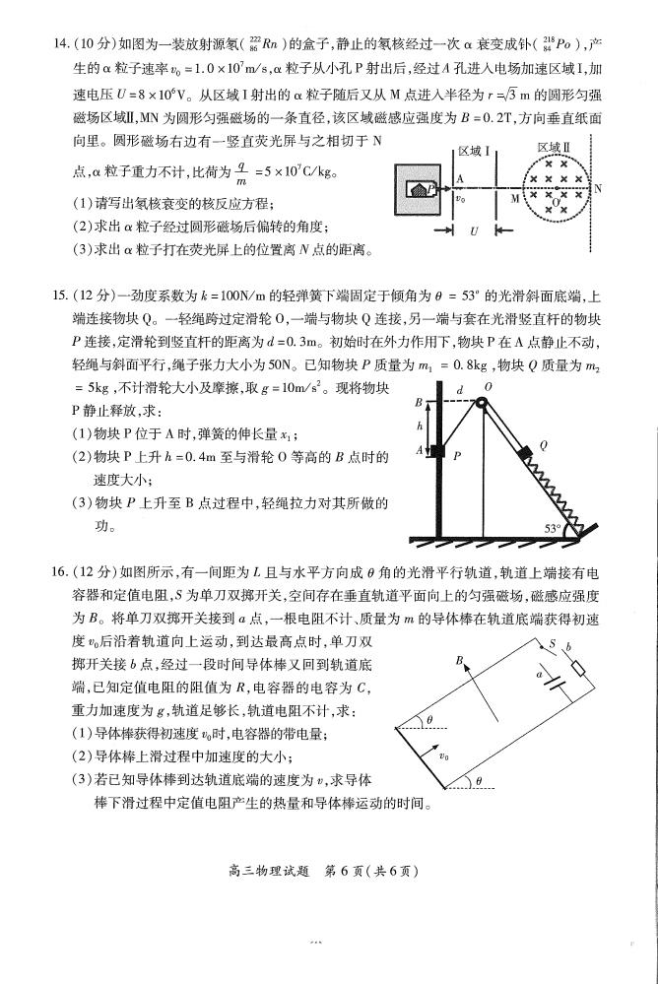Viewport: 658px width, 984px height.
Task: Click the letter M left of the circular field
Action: pyautogui.click(x=513, y=197)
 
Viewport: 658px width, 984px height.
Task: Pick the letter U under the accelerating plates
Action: pyautogui.click(x=473, y=231)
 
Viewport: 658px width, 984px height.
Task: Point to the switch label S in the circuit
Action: pyautogui.click(x=553, y=644)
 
